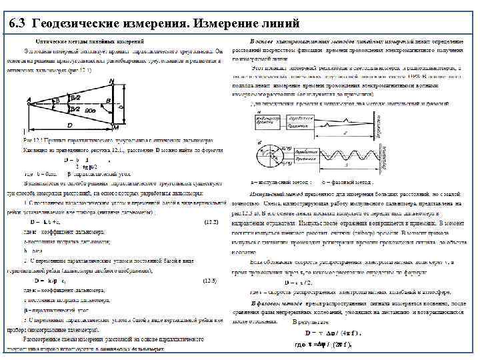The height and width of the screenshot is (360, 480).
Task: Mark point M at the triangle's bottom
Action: pyautogui.click(x=115, y=127)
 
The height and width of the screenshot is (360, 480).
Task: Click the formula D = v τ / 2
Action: pyautogui.click(x=298, y=282)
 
